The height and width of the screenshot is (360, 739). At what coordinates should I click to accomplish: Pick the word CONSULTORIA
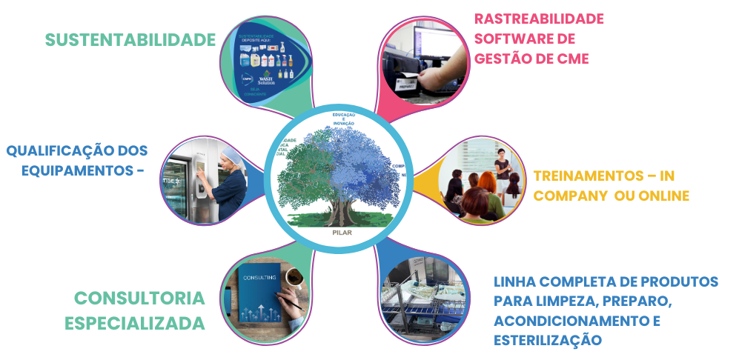click(139, 299)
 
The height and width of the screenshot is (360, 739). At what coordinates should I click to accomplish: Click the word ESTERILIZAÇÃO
click(547, 340)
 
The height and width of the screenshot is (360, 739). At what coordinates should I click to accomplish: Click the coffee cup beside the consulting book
click(294, 278)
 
